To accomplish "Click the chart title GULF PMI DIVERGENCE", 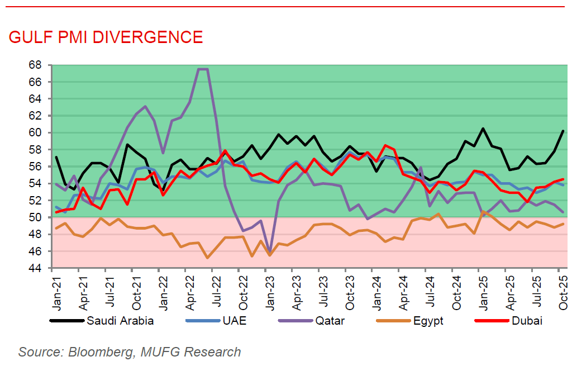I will [x=106, y=37].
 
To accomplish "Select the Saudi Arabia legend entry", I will [x=120, y=321].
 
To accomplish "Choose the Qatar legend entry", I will [x=330, y=321].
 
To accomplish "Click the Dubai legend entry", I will [x=526, y=321].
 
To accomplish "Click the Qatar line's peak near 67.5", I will [x=203, y=69].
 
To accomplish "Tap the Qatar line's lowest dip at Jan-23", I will [x=270, y=253].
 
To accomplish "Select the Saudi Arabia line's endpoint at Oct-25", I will [x=563, y=131].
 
